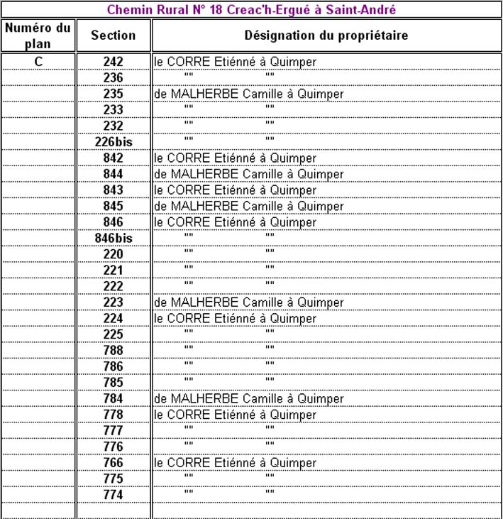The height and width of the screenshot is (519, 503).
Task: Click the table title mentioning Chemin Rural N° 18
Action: coord(251,10)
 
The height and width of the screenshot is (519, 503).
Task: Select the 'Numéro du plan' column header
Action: coord(38,35)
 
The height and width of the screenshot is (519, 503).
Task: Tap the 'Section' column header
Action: coord(114,35)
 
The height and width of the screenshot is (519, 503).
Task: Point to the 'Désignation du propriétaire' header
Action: coord(326,35)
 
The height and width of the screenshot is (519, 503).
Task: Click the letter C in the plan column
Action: coord(38,62)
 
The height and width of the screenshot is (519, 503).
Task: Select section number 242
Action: coord(114,62)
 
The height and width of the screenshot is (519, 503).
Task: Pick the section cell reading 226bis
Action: coord(114,142)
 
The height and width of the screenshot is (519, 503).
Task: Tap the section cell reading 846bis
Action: coord(114,239)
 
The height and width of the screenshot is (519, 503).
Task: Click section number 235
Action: coord(114,94)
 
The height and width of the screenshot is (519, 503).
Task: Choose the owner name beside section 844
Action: coord(249,174)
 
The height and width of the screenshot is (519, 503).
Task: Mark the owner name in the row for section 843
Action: coord(236,190)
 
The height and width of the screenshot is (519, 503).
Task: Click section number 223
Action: coord(114,302)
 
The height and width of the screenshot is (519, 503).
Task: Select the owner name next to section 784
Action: coord(249,398)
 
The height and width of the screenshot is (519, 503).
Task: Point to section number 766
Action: coord(114,463)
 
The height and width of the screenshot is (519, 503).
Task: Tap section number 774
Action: coord(114,495)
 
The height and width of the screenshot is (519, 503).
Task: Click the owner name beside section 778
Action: coord(236,415)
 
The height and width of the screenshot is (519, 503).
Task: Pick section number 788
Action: coord(114,351)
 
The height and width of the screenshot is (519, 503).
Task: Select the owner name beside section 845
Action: coord(249,206)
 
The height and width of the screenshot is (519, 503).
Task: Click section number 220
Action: coord(114,254)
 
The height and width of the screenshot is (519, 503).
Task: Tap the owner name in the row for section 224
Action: coord(236,319)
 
